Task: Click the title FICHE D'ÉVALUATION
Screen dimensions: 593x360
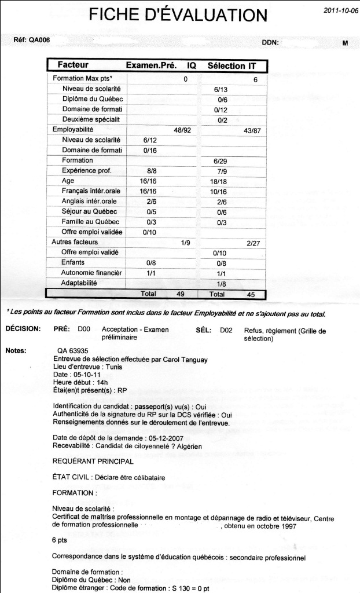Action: click(178, 14)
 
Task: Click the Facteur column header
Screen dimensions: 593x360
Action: click(73, 65)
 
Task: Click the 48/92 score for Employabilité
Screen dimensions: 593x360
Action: click(183, 130)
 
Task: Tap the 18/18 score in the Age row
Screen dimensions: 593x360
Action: click(221, 181)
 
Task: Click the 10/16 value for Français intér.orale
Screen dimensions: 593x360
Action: click(221, 191)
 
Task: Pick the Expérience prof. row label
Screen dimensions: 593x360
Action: click(87, 171)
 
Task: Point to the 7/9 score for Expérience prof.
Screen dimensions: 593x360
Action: click(220, 171)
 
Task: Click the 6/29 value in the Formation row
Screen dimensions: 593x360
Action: click(221, 160)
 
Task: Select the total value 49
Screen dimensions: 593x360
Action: click(180, 294)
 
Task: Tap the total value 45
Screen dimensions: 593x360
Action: click(251, 294)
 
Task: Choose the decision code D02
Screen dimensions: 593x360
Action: click(226, 328)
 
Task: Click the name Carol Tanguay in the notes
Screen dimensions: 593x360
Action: click(158, 359)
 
